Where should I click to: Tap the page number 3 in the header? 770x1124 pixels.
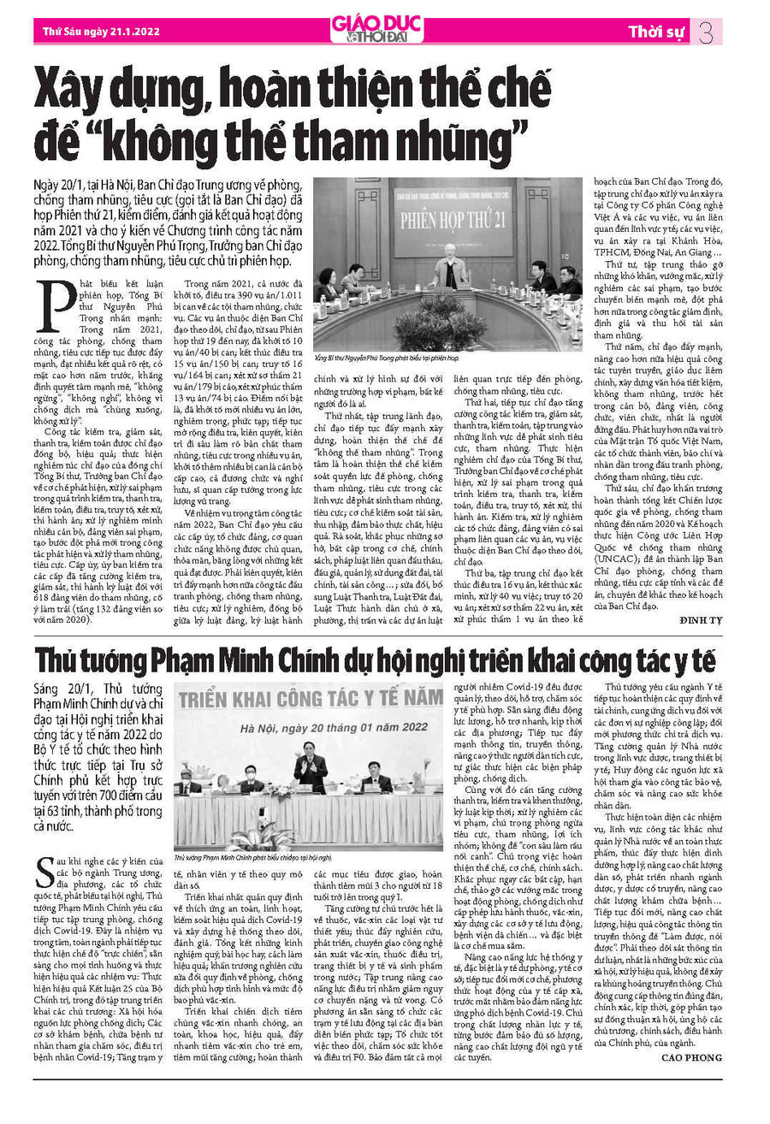pyautogui.click(x=706, y=33)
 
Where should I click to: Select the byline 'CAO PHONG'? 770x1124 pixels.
pyautogui.click(x=691, y=1058)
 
